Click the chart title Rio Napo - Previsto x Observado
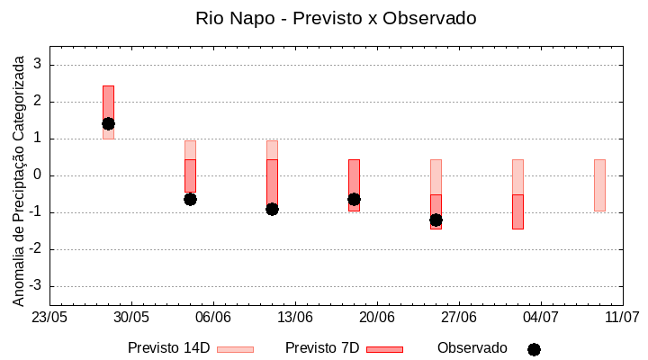tap(336, 18)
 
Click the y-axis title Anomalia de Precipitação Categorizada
tap(18, 178)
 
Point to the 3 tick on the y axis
tap(38, 65)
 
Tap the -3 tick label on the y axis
tap(35, 286)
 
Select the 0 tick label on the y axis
tap(38, 175)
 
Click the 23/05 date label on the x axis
tap(49, 318)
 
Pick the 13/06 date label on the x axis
tap(295, 318)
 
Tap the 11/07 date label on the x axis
tap(622, 318)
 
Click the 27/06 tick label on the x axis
tap(459, 318)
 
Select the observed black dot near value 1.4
tap(108, 123)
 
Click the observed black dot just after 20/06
tap(436, 220)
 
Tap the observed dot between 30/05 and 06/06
tap(190, 199)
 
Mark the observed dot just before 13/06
tap(272, 209)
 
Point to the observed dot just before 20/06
tap(354, 199)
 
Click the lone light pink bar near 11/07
tap(599, 184)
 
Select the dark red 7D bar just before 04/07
tap(517, 211)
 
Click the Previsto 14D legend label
tap(168, 348)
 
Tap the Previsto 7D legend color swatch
tap(384, 348)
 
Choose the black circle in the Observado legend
tap(534, 349)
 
